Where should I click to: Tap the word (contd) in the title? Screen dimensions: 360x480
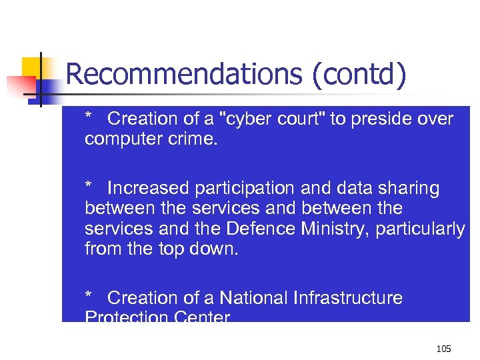[358, 75]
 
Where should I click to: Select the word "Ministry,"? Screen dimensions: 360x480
[337, 229]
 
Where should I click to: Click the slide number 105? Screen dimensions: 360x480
[443, 348]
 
